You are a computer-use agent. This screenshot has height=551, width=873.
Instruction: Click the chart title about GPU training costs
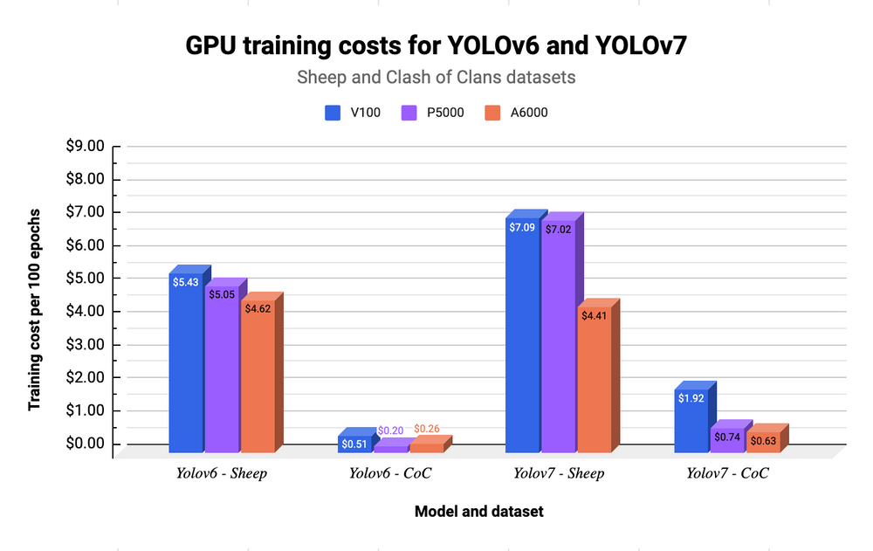point(436,46)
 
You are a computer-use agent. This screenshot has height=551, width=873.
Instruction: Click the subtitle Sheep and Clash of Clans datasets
point(436,77)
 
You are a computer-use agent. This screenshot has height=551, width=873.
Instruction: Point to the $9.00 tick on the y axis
point(86,147)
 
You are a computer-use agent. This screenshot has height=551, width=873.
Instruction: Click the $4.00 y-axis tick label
point(86,312)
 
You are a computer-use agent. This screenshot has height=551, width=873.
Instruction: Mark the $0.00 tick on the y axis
point(86,444)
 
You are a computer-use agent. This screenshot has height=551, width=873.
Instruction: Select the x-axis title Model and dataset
point(478,512)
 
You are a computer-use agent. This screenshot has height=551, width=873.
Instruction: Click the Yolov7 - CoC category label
point(727,474)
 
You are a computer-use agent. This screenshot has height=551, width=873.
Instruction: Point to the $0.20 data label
point(390,430)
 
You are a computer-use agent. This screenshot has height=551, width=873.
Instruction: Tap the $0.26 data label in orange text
point(427,429)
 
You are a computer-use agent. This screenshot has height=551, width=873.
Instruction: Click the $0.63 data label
point(762,440)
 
